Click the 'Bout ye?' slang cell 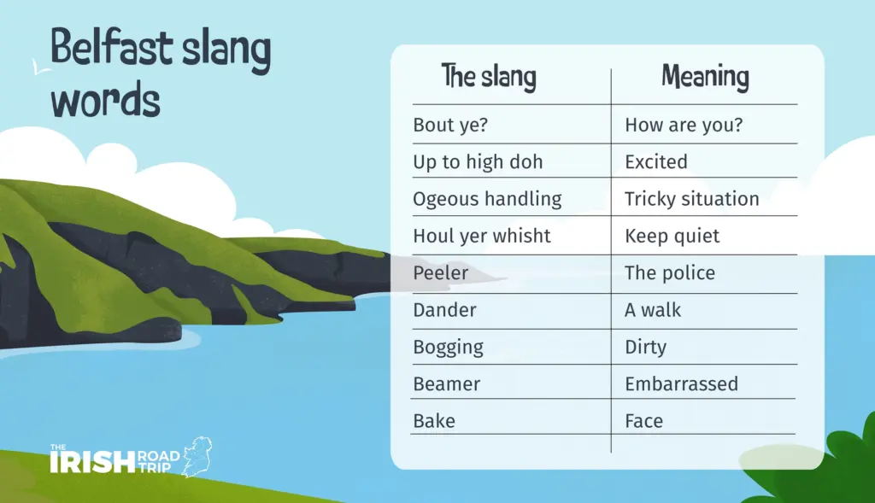click(450, 125)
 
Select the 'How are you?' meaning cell click(684, 125)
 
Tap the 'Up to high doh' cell click(478, 161)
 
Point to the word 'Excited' click(655, 161)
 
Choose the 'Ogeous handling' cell click(487, 199)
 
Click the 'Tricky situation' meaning click(691, 199)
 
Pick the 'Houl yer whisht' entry click(482, 236)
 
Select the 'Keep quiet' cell click(672, 236)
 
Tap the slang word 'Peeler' click(440, 272)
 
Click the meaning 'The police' click(670, 272)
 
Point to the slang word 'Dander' click(444, 310)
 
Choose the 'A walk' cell click(653, 310)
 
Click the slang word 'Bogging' click(448, 348)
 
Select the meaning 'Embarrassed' click(681, 384)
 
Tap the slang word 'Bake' click(434, 421)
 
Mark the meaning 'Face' click(644, 421)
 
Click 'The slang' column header click(489, 77)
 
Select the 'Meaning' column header click(705, 77)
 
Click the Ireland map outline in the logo click(198, 456)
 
